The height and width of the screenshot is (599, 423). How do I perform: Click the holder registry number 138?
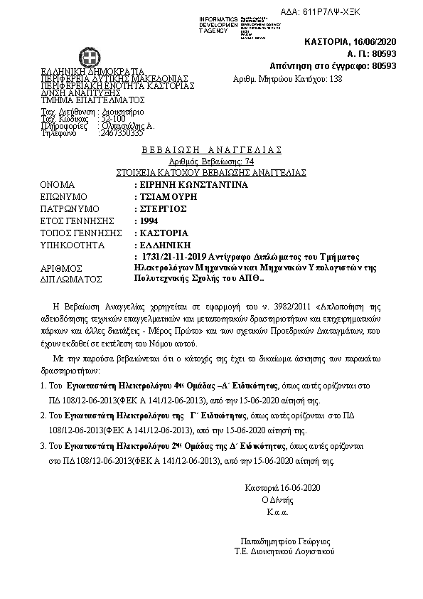[336, 78]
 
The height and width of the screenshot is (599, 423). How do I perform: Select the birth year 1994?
[149, 221]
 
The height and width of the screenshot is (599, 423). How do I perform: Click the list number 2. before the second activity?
[44, 412]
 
